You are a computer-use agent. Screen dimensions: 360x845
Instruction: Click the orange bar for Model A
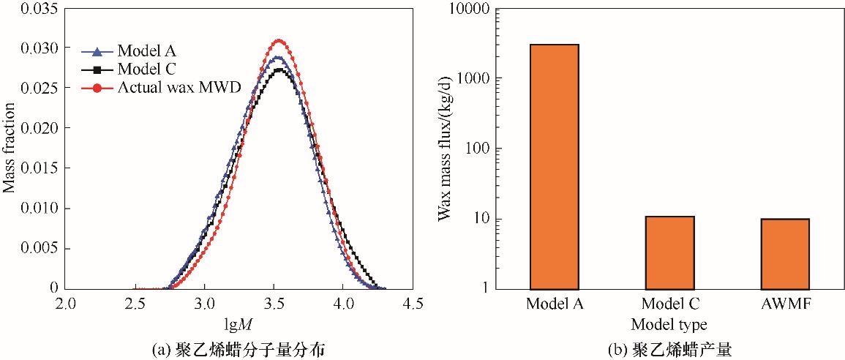[553, 166]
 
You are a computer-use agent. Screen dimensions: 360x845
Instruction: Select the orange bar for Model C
[669, 252]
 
